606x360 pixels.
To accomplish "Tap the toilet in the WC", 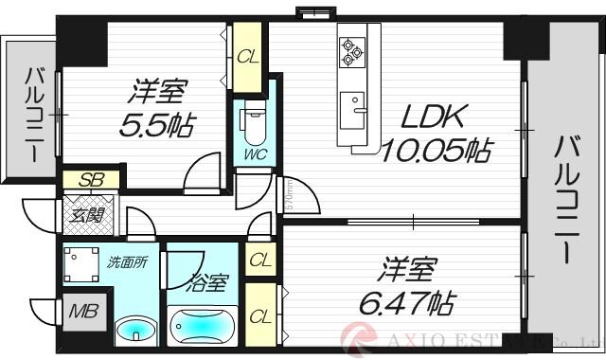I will (254, 120).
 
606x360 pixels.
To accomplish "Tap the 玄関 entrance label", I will (88, 214).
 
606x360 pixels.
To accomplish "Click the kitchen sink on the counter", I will (353, 103).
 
